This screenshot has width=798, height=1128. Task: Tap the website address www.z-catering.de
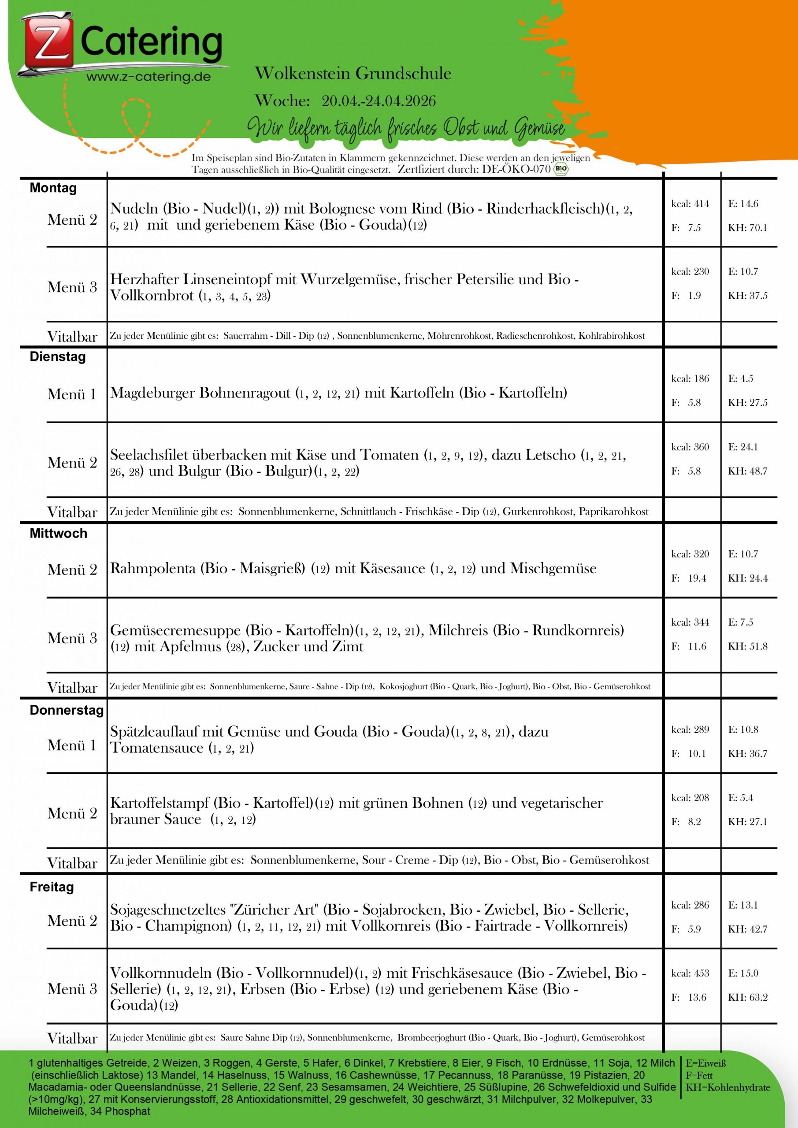tap(148, 77)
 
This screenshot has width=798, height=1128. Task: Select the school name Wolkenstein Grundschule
tap(353, 74)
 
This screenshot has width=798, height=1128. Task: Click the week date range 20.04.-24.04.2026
tap(379, 101)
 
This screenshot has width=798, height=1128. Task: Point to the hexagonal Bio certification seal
tap(560, 170)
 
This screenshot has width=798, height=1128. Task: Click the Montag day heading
tap(53, 188)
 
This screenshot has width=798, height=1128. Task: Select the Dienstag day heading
tap(57, 356)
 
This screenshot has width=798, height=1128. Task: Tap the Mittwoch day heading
tap(58, 534)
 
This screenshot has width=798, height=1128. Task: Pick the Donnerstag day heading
tap(67, 710)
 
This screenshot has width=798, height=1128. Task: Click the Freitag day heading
tap(52, 887)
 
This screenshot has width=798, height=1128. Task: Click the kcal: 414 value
tap(690, 204)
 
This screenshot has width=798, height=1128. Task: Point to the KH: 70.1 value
tap(747, 228)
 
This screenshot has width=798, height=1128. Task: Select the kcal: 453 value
tap(690, 973)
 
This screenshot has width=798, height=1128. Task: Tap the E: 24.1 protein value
tap(743, 447)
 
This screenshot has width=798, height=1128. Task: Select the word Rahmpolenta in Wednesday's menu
tap(153, 568)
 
